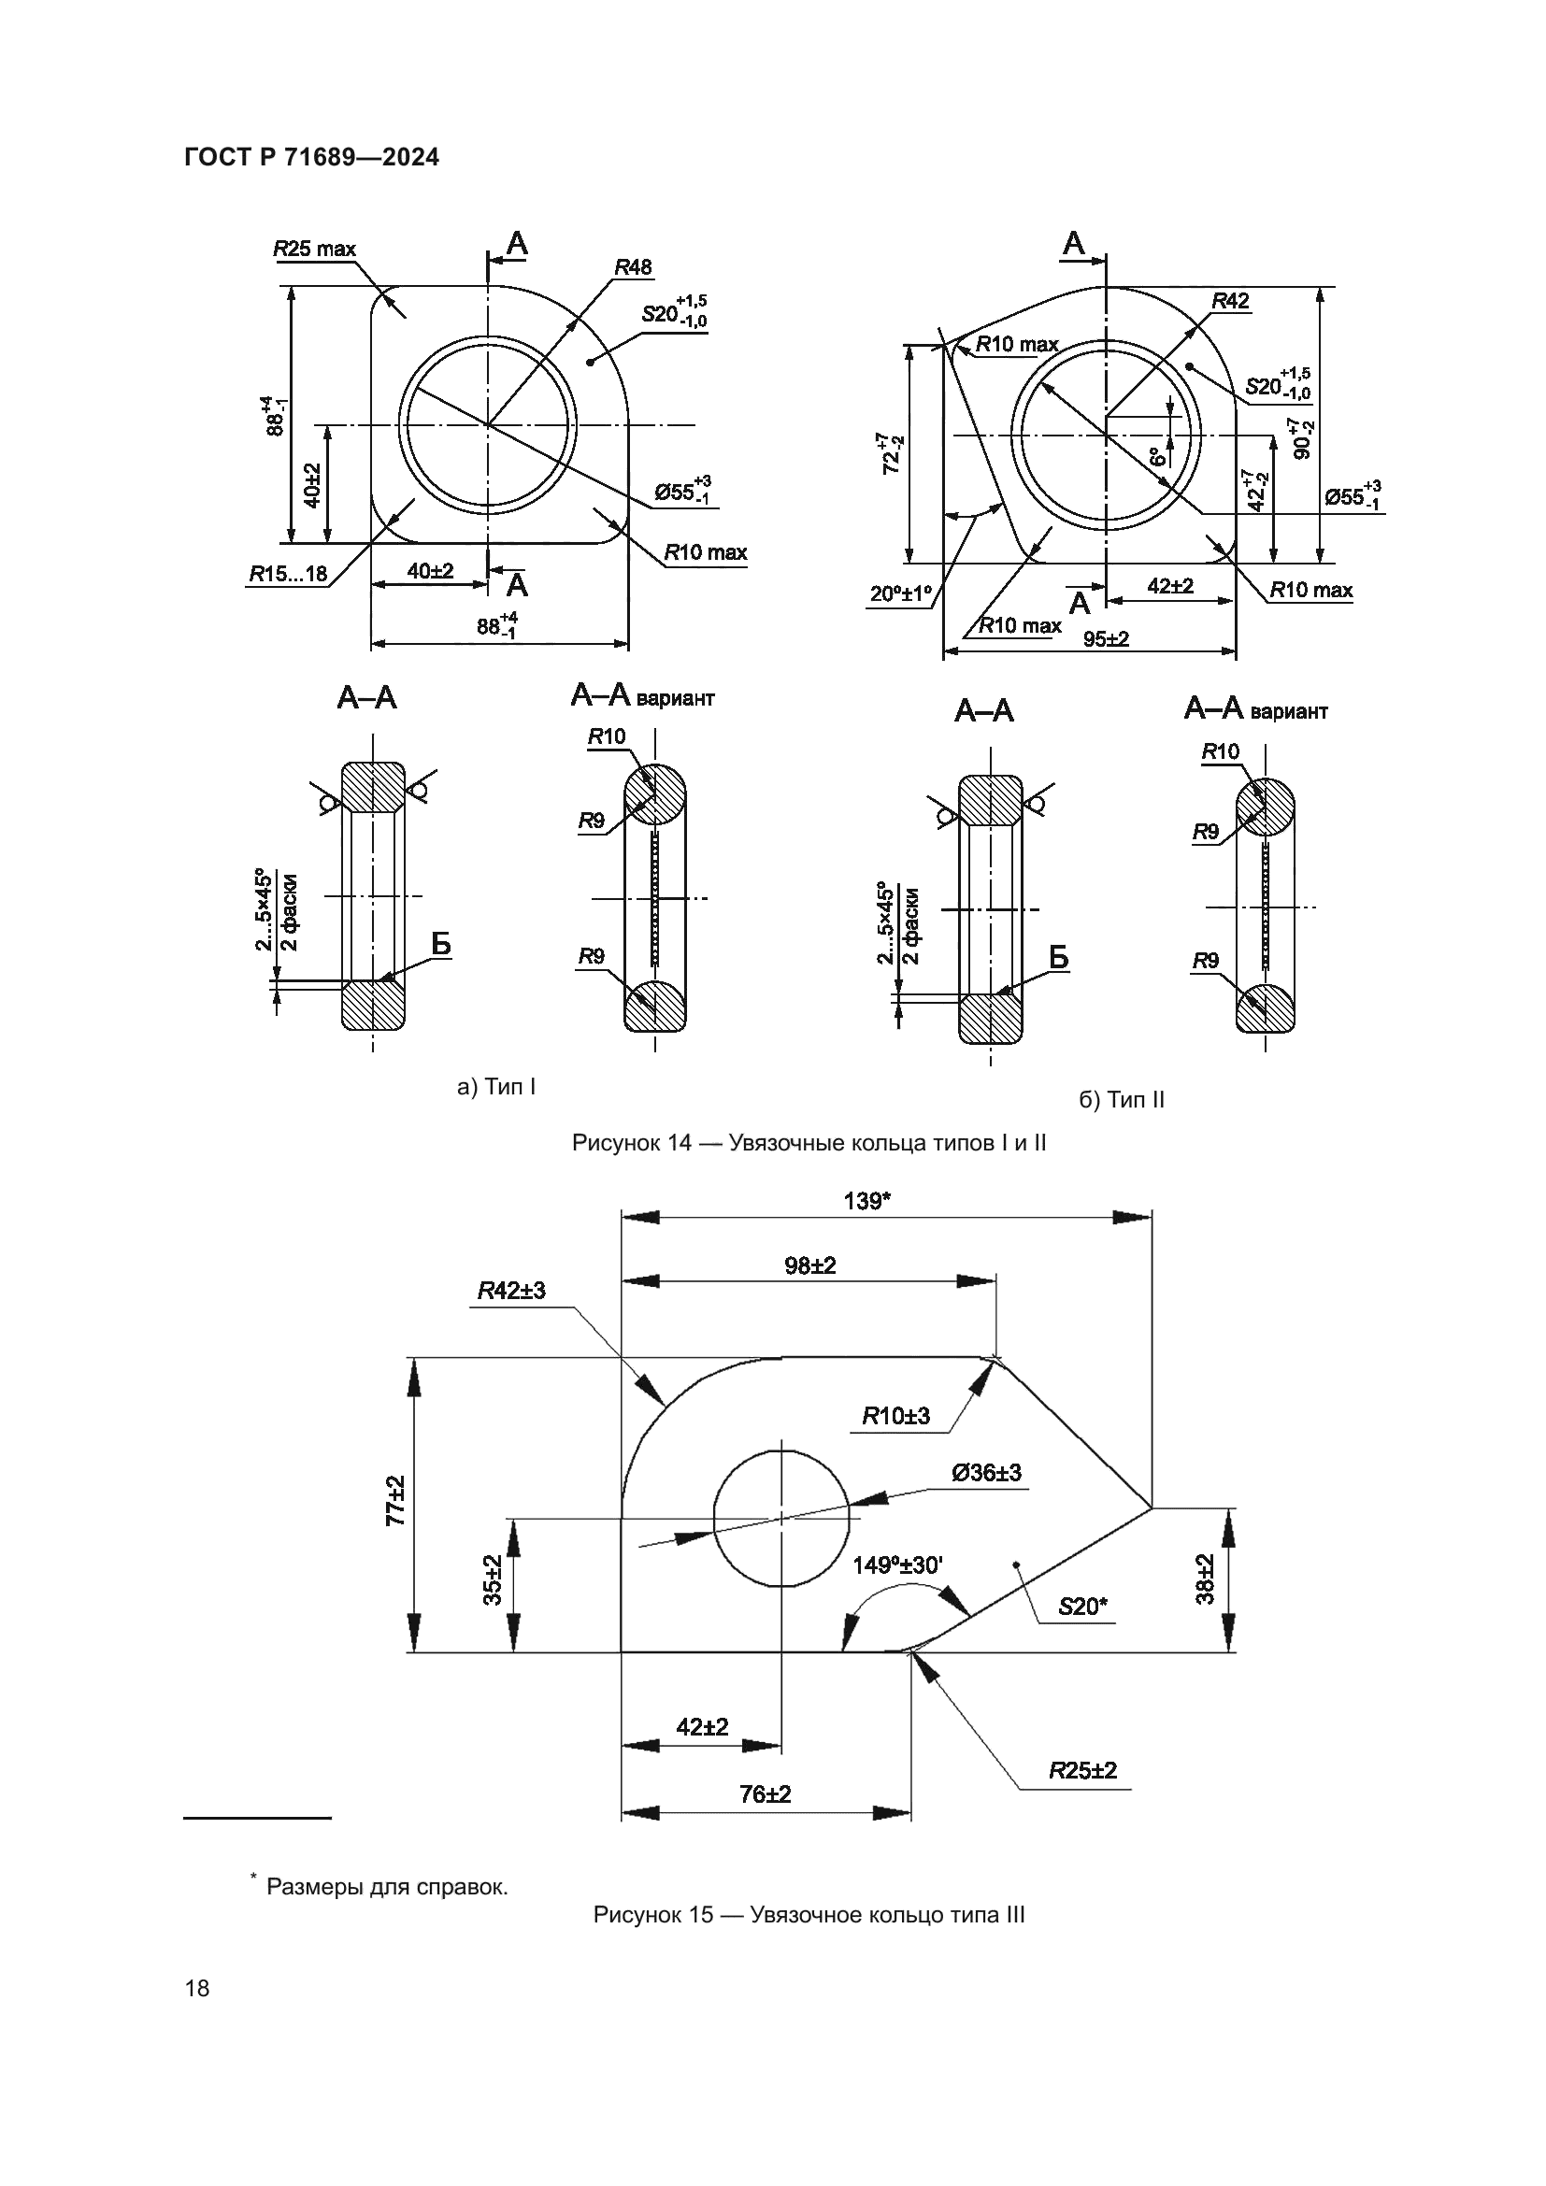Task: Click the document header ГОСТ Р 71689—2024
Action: point(311,158)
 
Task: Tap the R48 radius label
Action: point(633,267)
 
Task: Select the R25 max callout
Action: point(314,250)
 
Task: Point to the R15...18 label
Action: point(289,573)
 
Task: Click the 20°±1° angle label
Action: point(900,594)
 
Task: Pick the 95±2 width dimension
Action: point(1106,639)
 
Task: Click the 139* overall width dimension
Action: point(867,1201)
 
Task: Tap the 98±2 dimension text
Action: point(810,1265)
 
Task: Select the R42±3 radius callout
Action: point(511,1290)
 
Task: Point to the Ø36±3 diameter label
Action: point(986,1473)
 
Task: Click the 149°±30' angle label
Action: point(897,1564)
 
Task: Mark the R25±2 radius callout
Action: point(1082,1770)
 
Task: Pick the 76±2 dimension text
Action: point(766,1793)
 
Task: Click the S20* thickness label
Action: point(1082,1607)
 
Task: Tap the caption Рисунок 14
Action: point(809,1142)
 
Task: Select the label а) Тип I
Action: point(497,1086)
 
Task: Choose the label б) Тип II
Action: point(1122,1100)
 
